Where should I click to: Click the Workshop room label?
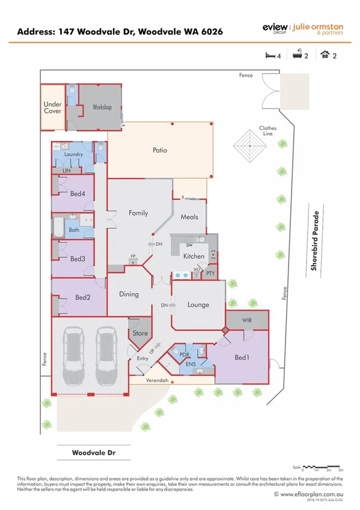coord(102,108)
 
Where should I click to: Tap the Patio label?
coord(159,150)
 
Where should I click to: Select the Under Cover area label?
coord(52,108)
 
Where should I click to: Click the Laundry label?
coord(73,155)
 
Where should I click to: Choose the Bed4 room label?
coord(78,194)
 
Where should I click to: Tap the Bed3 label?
coord(78,259)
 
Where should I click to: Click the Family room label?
coord(138,213)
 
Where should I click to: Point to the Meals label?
coord(189,217)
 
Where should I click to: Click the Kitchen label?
coord(194,256)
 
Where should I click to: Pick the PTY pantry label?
coord(210,274)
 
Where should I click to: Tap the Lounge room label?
coord(198,305)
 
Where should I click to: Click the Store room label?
coord(140,333)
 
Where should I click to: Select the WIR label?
coord(247,321)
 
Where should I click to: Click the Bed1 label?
coord(242,358)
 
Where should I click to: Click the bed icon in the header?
coord(270,55)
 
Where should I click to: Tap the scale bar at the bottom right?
coord(323,467)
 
